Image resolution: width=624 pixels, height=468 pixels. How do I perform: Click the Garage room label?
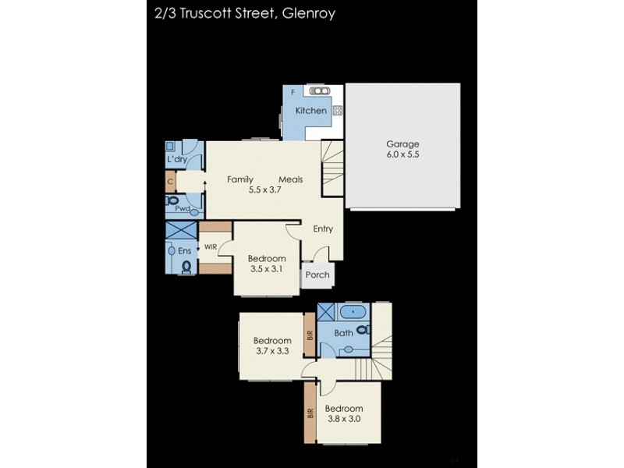pos(402,144)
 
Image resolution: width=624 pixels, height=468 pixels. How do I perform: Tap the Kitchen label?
pos(310,111)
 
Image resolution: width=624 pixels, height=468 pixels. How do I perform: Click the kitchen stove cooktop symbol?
pos(337,111)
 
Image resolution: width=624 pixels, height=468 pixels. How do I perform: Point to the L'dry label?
pos(176,160)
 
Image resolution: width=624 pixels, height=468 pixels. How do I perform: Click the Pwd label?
pos(182,208)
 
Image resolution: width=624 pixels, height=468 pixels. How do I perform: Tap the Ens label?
pos(184,250)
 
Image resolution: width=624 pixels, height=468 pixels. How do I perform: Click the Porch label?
pos(317,275)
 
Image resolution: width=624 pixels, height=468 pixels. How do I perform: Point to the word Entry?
pos(323,229)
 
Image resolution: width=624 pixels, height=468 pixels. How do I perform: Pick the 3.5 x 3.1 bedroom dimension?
pos(265,269)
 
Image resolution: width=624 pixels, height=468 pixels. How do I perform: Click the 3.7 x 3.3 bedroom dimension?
pos(272,351)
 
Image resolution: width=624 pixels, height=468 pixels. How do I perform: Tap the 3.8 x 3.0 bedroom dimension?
pos(344,419)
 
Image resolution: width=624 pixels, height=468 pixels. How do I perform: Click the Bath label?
pos(344,333)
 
